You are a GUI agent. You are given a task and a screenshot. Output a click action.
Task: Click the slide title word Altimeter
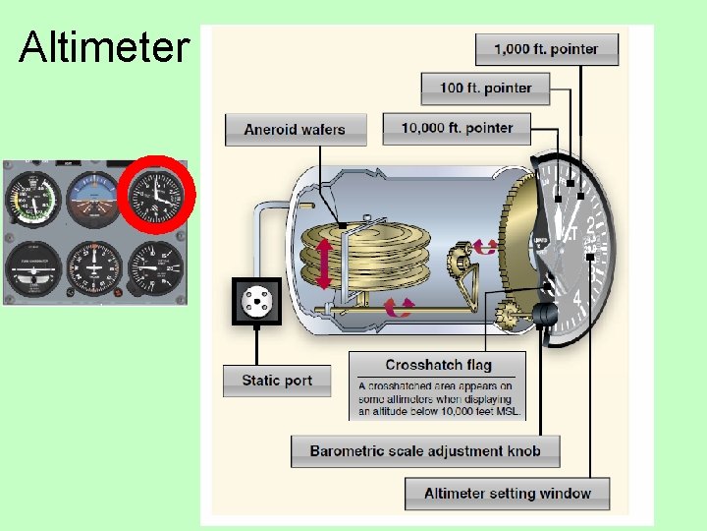click(x=103, y=46)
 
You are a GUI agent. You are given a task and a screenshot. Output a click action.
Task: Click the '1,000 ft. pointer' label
click(x=547, y=49)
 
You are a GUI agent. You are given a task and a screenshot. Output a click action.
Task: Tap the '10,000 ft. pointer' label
click(x=457, y=128)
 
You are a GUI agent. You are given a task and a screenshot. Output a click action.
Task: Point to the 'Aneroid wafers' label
click(x=295, y=130)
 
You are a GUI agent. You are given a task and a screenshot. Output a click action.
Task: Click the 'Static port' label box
click(x=276, y=381)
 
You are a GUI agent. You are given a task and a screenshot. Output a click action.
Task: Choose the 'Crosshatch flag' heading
click(x=438, y=365)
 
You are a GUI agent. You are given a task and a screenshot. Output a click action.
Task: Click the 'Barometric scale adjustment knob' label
click(x=424, y=451)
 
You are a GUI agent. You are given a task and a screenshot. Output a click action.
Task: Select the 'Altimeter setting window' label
click(x=507, y=494)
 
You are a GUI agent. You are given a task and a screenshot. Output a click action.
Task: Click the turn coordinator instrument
click(x=33, y=267)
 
